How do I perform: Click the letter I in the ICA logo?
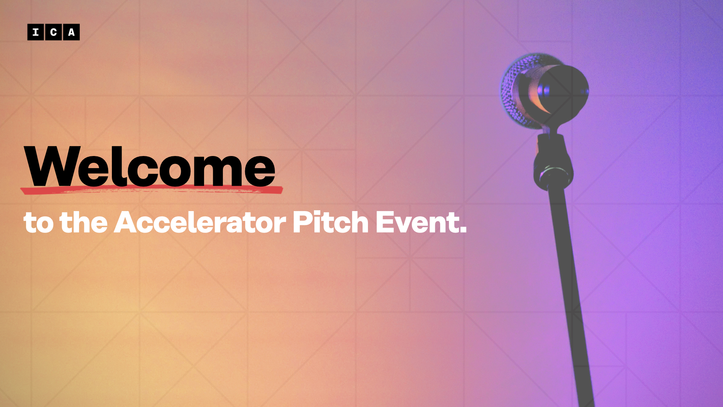35,32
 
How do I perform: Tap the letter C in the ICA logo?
53,32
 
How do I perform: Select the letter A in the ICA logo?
71,32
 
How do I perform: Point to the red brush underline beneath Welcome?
151,190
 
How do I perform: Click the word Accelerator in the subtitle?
200,222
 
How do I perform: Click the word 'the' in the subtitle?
84,222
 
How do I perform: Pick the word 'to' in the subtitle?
38,223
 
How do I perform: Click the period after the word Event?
463,229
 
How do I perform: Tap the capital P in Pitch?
303,222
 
